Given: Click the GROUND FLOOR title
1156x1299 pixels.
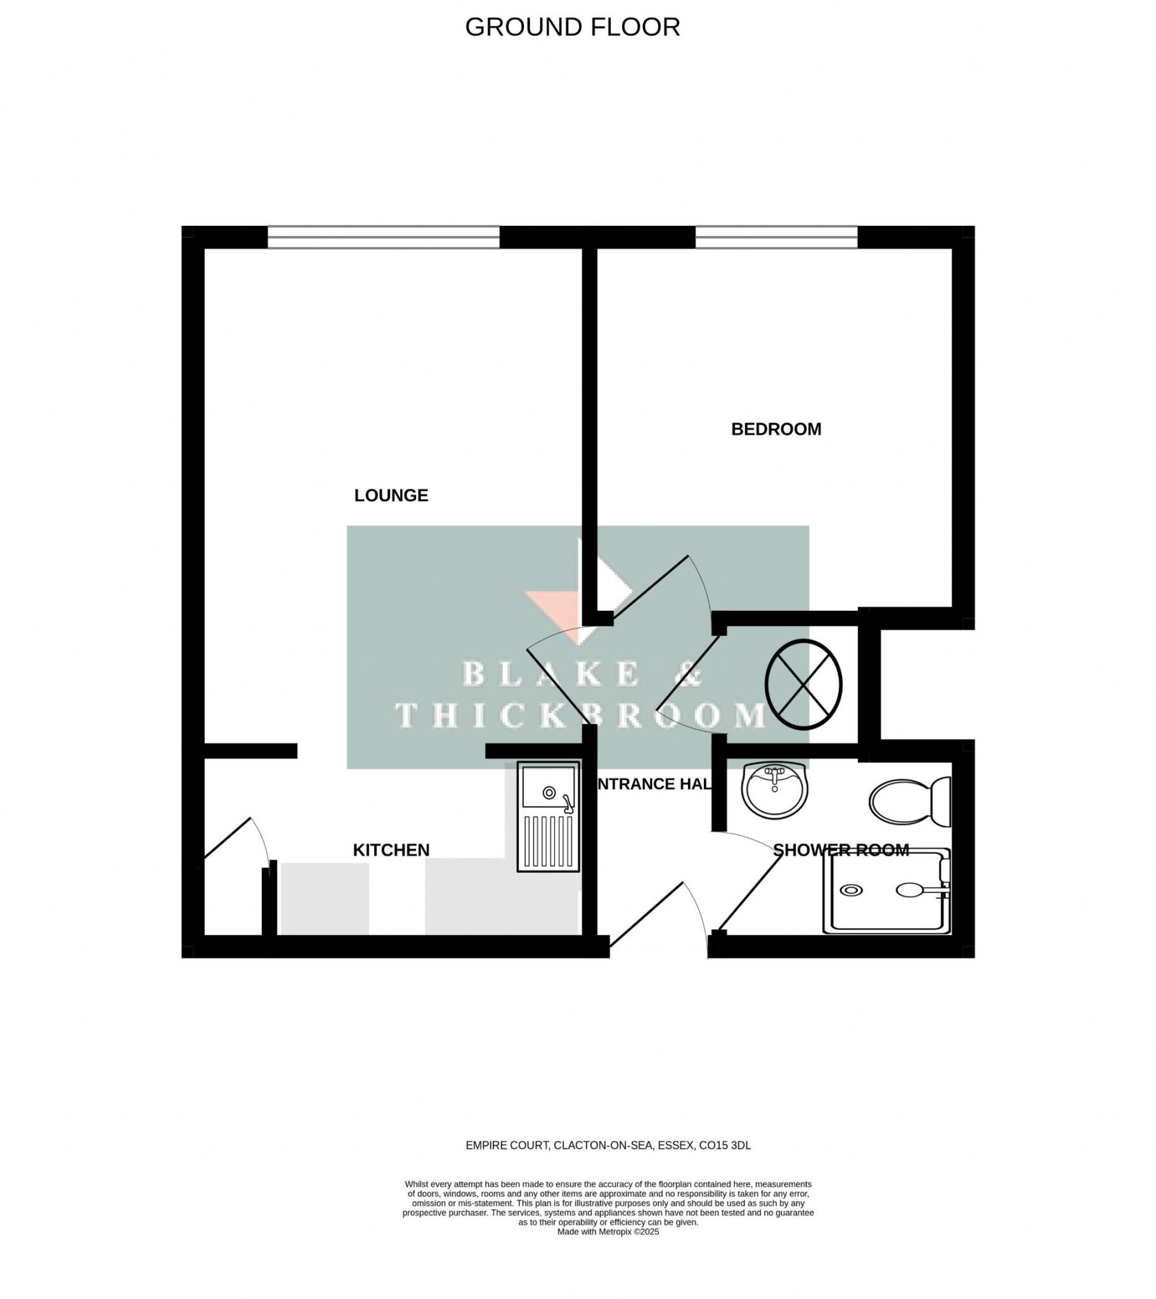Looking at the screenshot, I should (572, 27).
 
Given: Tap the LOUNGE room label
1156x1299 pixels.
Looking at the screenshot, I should (391, 495).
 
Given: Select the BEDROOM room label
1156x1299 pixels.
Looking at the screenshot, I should (776, 429).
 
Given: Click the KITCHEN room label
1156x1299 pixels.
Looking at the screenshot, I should (391, 850).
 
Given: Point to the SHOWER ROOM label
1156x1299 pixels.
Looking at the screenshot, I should (841, 850).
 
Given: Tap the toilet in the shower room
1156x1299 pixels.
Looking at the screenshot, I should (909, 802).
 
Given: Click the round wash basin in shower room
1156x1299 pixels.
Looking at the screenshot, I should (774, 790).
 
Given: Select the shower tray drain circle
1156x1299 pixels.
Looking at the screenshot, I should (851, 891).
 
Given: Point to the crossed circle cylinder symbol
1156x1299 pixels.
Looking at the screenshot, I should (803, 684).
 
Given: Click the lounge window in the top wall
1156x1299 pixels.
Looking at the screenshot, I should (383, 237).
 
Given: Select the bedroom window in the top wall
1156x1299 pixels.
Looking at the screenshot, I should (776, 237).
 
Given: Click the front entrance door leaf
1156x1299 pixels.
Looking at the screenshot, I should (646, 918).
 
